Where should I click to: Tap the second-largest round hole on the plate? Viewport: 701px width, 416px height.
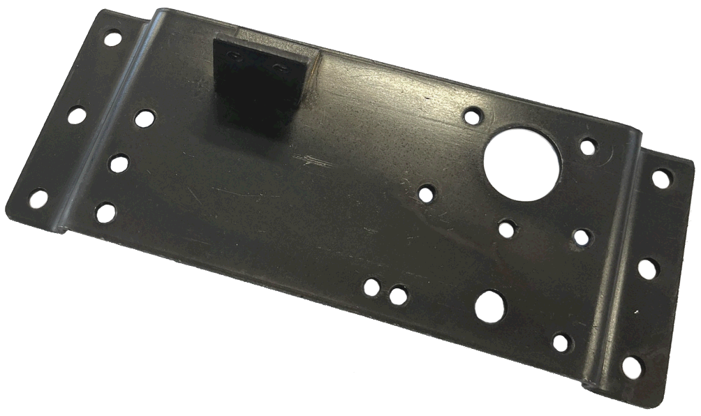pyautogui.click(x=489, y=306)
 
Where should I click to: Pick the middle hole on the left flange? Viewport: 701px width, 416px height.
pyautogui.click(x=76, y=115)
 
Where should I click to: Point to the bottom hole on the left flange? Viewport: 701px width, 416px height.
pyautogui.click(x=38, y=199)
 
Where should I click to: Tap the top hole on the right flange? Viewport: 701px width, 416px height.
pyautogui.click(x=661, y=178)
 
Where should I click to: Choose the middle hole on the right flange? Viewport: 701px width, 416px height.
pyautogui.click(x=647, y=268)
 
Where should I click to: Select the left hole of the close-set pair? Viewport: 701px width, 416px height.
pyautogui.click(x=373, y=287)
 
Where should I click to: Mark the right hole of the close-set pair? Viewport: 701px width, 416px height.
pyautogui.click(x=398, y=295)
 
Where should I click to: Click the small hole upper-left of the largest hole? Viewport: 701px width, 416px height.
pyautogui.click(x=473, y=114)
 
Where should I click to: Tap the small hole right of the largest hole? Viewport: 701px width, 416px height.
pyautogui.click(x=589, y=147)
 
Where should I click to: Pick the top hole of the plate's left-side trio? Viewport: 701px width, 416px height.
pyautogui.click(x=145, y=119)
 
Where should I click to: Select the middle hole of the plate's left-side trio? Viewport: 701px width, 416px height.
pyautogui.click(x=119, y=163)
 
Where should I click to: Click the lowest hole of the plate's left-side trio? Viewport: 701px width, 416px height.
pyautogui.click(x=105, y=212)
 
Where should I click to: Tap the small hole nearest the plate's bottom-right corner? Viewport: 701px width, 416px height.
pyautogui.click(x=561, y=342)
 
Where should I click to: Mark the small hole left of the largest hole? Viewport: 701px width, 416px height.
pyautogui.click(x=426, y=193)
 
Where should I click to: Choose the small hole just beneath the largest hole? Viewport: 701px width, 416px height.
pyautogui.click(x=508, y=228)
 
